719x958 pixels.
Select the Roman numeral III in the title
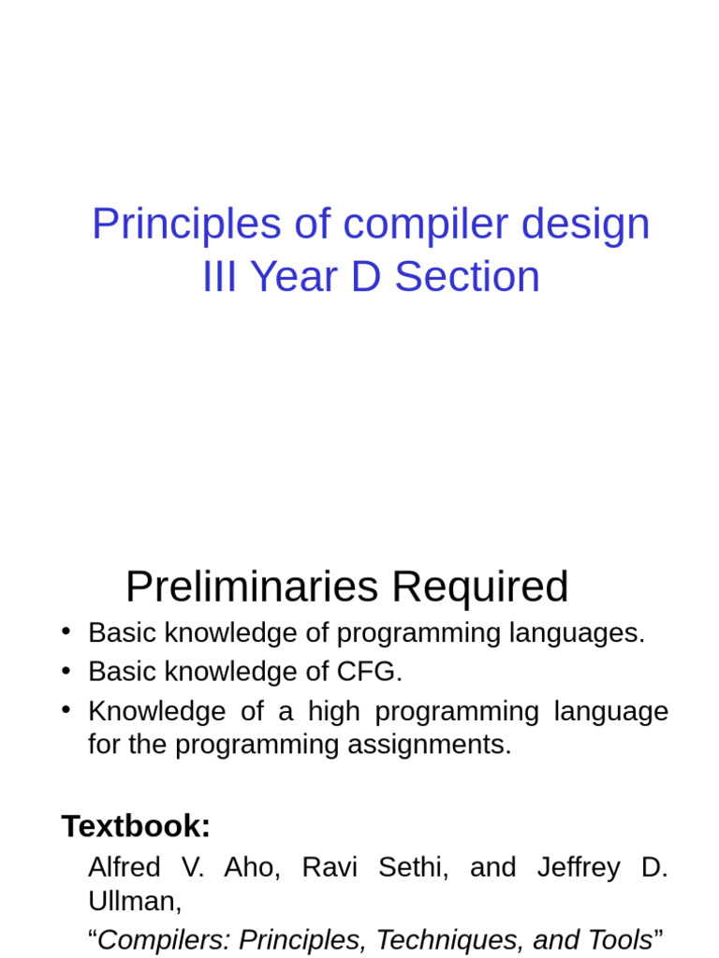(220, 278)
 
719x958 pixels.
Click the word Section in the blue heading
(467, 278)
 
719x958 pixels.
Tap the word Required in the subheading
(480, 588)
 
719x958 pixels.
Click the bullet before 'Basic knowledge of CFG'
(67, 670)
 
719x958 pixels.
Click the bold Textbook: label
(136, 826)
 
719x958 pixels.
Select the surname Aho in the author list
(253, 867)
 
